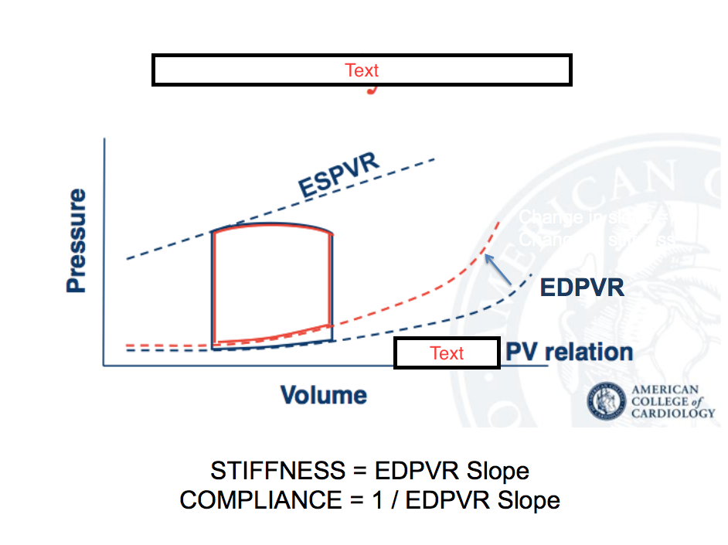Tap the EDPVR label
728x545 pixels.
coord(581,288)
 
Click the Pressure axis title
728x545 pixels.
coord(76,241)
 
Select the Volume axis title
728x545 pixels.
coord(323,395)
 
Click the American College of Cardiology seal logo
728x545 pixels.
coord(607,401)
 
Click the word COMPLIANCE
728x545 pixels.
coord(260,500)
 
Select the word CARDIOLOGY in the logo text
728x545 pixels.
coord(673,413)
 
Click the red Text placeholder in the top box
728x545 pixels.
coord(362,70)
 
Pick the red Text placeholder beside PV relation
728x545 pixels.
coord(447,353)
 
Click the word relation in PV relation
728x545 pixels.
coord(589,353)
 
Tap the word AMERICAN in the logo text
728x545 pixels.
coord(665,390)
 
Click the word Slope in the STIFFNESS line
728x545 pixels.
coord(499,471)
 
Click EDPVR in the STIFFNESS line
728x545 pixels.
coord(418,471)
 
